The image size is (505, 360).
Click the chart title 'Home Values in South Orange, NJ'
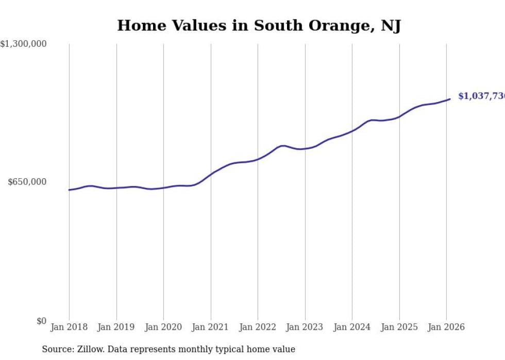(259, 25)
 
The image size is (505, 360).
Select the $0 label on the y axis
(41, 321)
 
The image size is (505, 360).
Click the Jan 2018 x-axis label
(69, 327)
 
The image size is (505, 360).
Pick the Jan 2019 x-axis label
(116, 327)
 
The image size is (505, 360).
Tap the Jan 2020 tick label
(163, 327)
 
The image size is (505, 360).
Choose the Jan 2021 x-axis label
(210, 327)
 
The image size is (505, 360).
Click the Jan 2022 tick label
(258, 327)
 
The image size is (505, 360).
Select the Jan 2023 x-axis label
(305, 327)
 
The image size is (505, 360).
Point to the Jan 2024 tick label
(352, 327)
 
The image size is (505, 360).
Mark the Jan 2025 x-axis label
(399, 327)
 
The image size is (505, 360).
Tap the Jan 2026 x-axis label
(446, 327)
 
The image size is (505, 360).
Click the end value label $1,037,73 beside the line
(481, 96)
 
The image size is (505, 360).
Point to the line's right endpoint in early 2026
(450, 99)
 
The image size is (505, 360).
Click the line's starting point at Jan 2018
(69, 190)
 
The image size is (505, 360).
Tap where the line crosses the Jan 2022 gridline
(258, 159)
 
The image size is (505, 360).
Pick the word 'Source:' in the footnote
(58, 349)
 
